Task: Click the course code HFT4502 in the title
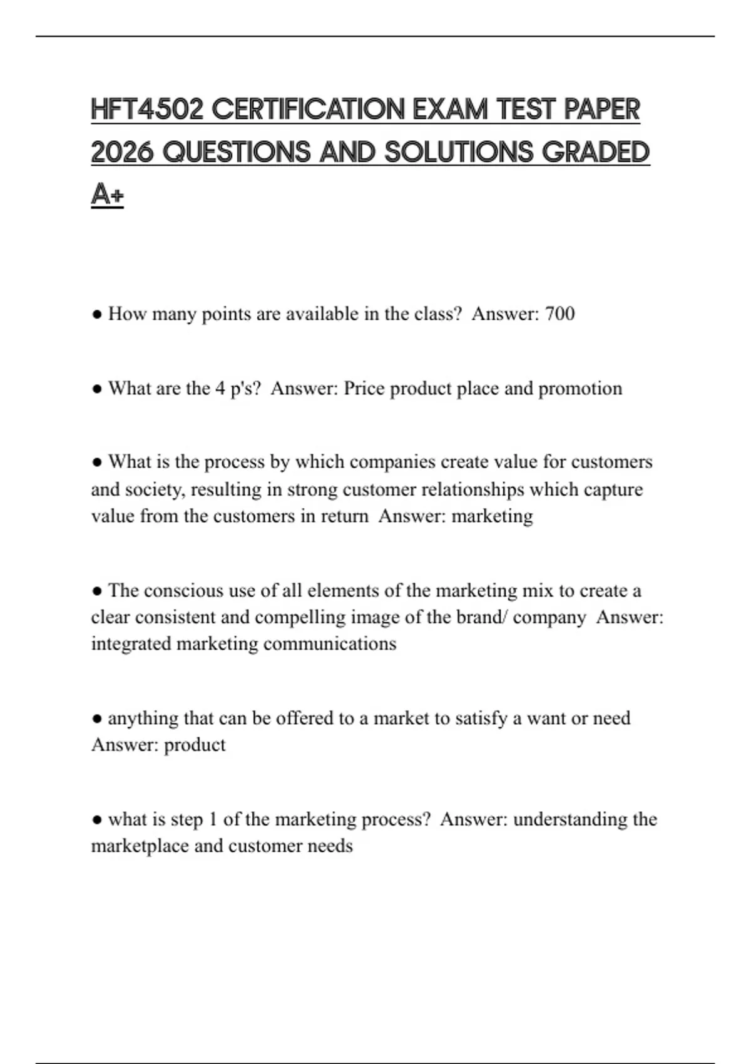[148, 110]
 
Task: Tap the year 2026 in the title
[122, 152]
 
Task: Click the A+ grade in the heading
[107, 195]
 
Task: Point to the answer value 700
[559, 314]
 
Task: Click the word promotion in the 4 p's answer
[580, 389]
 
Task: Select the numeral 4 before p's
[220, 389]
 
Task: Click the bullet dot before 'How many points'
[97, 314]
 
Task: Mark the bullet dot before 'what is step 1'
[97, 820]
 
